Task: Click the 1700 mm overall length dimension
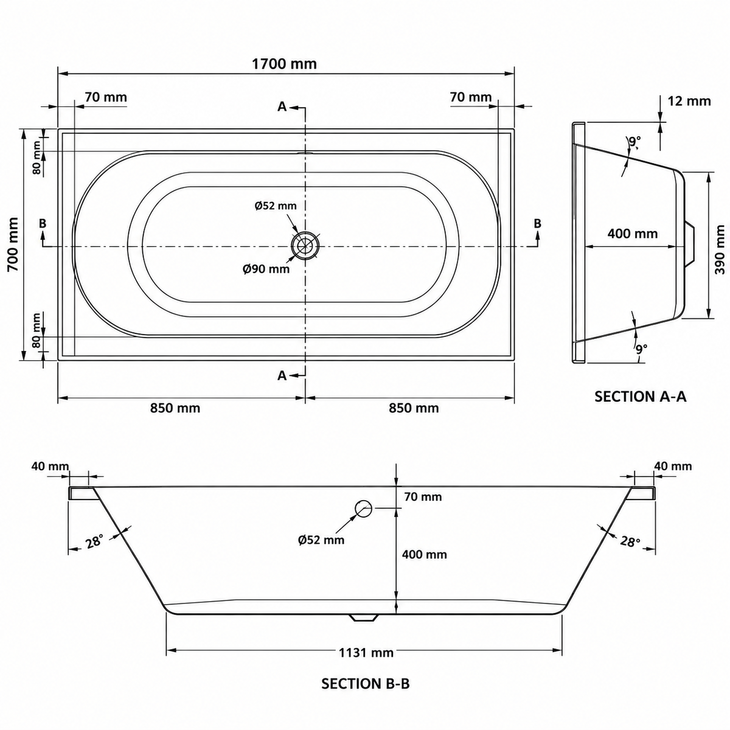[x=284, y=64]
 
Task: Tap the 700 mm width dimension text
[x=13, y=244]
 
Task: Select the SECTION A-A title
[x=640, y=396]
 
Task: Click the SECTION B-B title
[x=366, y=684]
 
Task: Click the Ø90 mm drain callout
[x=266, y=269]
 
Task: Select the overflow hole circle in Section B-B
[x=364, y=509]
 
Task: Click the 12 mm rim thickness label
[x=689, y=101]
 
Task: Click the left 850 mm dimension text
[x=175, y=408]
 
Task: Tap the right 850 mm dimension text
[x=414, y=408]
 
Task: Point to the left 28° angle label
[x=94, y=541]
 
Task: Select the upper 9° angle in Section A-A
[x=635, y=142]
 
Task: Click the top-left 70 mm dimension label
[x=106, y=97]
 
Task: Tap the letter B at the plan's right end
[x=537, y=223]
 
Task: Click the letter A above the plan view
[x=282, y=107]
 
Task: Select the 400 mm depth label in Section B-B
[x=424, y=554]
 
